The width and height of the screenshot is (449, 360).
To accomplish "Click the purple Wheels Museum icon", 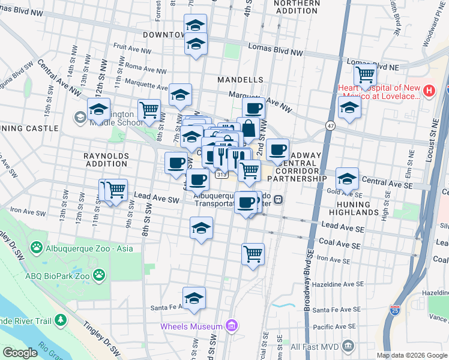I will click(x=232, y=326).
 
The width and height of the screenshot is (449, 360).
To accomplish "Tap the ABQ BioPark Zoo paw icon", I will click(x=98, y=276).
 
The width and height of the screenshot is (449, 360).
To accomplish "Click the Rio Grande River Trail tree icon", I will click(x=60, y=321).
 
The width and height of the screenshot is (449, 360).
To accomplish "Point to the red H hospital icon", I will click(x=429, y=91).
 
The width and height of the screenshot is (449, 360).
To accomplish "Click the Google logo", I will click(x=20, y=353).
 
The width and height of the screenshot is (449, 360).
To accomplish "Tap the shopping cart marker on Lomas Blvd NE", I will click(x=365, y=75).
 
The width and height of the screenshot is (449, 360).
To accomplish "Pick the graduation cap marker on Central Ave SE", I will click(x=347, y=178).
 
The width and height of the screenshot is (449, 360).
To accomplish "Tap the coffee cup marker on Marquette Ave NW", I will click(x=254, y=108).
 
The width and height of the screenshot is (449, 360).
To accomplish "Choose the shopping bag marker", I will click(x=248, y=128).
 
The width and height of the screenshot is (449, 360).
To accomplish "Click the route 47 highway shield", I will click(x=330, y=125).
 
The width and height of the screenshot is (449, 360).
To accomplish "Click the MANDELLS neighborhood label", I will click(x=241, y=79).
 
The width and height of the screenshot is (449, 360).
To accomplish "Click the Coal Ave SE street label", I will click(x=340, y=245).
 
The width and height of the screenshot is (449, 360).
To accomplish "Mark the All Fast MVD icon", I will click(x=348, y=346).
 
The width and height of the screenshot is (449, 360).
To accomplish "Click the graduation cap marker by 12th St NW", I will click(x=98, y=109).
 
